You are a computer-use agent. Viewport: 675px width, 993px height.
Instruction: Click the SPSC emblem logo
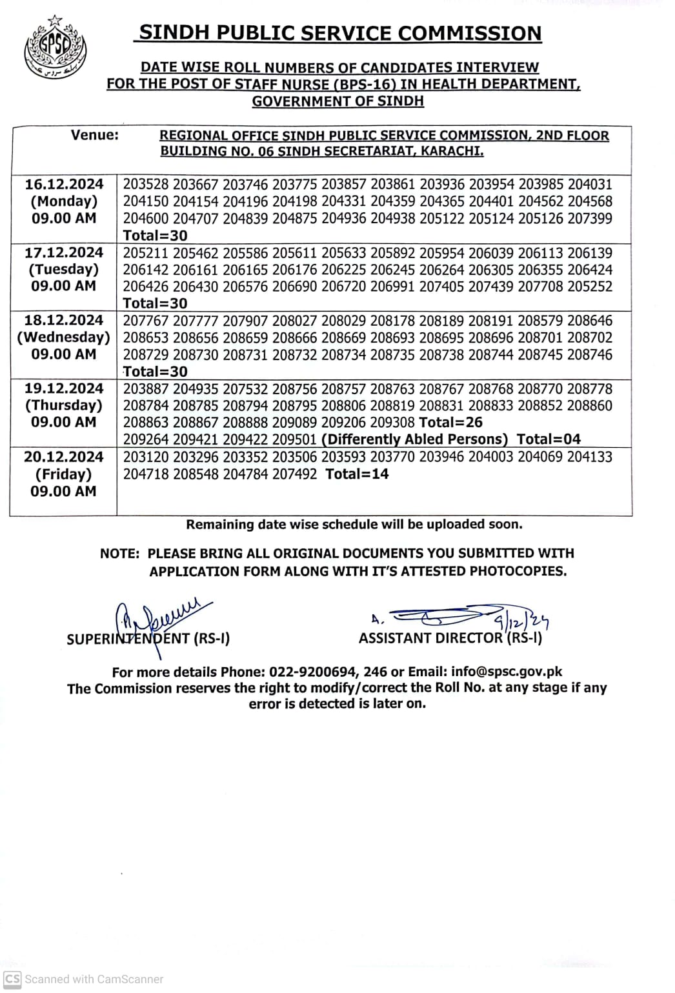coord(55,49)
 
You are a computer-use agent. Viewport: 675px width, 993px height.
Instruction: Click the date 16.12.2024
coord(64,185)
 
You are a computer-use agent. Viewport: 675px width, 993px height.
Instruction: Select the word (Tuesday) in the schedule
coord(64,269)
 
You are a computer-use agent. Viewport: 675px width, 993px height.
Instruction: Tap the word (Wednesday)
coord(64,337)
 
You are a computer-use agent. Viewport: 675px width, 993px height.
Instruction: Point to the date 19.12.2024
coord(64,388)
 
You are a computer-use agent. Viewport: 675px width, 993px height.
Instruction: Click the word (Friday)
coord(63,474)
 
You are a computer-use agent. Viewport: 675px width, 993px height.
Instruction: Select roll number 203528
coord(146,185)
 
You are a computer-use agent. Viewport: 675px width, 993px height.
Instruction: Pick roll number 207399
coord(590,219)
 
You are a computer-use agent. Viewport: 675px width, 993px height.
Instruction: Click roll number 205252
coord(590,286)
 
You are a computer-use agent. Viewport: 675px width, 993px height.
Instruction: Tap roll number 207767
coord(146,321)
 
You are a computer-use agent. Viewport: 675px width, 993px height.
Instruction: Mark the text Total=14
coord(357,474)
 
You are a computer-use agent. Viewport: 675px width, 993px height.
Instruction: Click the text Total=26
coord(450,423)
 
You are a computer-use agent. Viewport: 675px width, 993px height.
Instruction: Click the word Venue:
coord(95,135)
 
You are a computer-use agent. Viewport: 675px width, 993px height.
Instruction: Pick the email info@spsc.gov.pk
coord(507,672)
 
